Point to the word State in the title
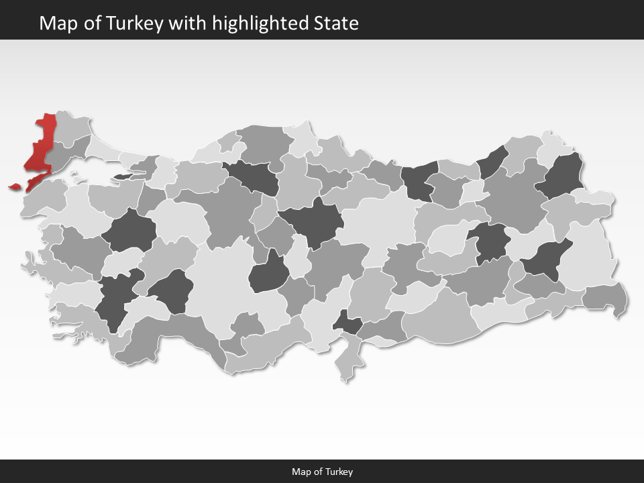coord(336,23)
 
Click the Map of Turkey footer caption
coord(322,472)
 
